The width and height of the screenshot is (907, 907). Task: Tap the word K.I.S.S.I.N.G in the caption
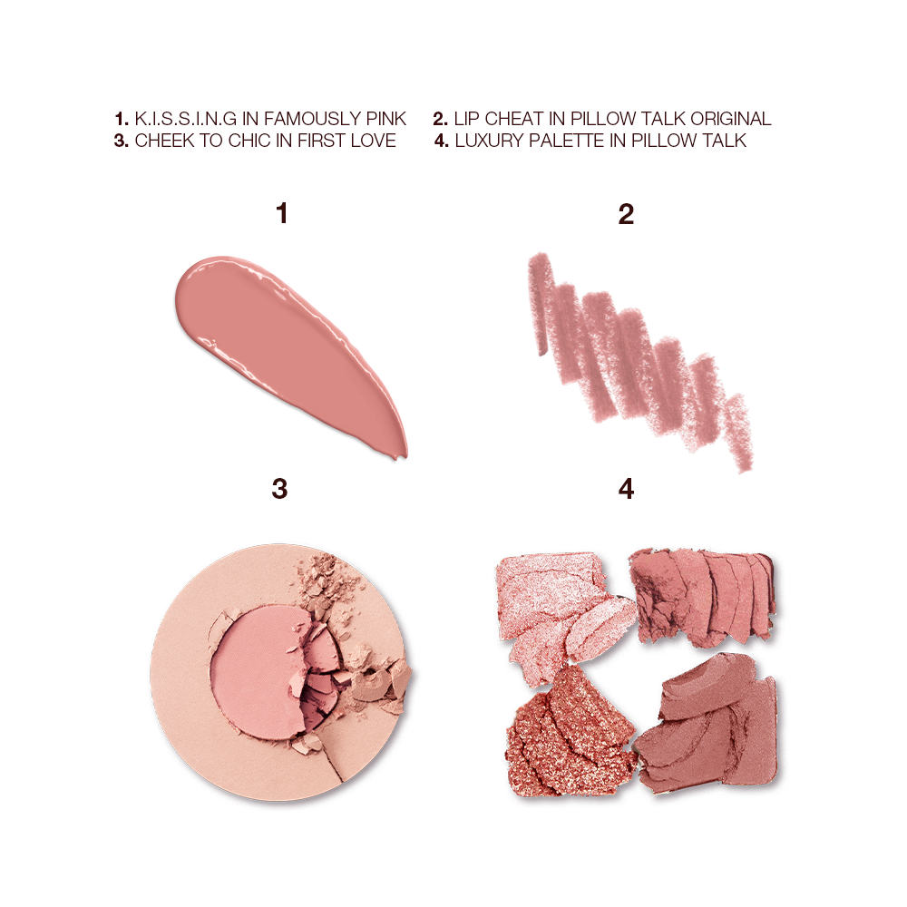coord(180,119)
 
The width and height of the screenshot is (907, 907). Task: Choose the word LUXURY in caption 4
coord(491,141)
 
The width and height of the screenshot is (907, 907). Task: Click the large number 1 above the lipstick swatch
coord(282,214)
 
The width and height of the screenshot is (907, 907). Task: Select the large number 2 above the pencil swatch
coord(625,214)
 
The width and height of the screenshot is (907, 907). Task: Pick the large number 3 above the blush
coord(280,489)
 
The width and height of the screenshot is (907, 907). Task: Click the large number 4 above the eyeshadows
coord(626,489)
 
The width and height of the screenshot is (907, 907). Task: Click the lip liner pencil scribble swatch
coord(635,354)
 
